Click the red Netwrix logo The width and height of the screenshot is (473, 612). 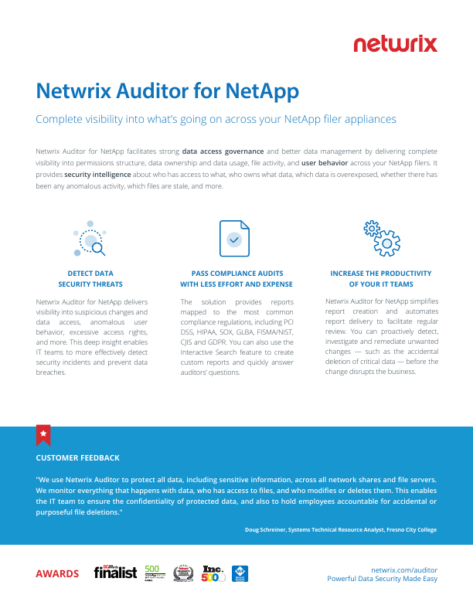(395, 44)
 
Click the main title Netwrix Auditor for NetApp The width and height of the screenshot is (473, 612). (168, 90)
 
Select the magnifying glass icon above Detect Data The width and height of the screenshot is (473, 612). (90, 238)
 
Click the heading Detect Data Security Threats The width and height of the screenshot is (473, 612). (90, 279)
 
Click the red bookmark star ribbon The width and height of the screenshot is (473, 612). (44, 435)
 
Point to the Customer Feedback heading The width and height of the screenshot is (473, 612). (78, 457)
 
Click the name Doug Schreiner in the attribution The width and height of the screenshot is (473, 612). (266, 529)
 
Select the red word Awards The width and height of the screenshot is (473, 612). (57, 573)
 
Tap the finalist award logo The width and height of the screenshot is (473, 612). (115, 573)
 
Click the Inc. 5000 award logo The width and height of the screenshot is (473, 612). (213, 573)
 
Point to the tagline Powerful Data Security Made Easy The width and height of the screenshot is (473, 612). (382, 579)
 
